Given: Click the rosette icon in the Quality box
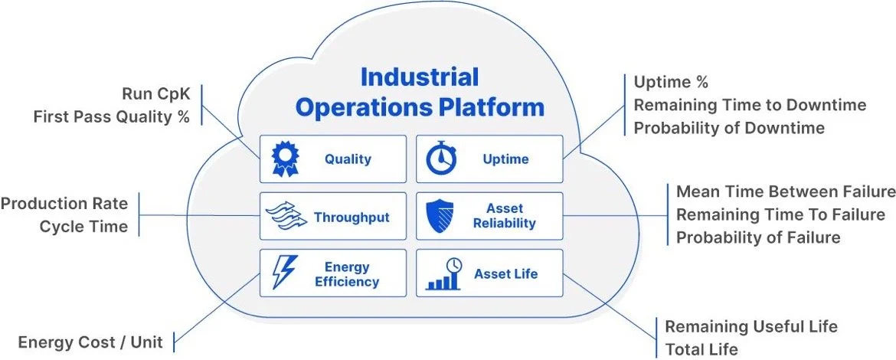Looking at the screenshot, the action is pyautogui.click(x=285, y=159).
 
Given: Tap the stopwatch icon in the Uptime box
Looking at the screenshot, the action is pyautogui.click(x=442, y=159).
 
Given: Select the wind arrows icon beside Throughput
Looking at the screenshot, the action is pyautogui.click(x=285, y=217).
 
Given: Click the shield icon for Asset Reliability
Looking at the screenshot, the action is pyautogui.click(x=442, y=217).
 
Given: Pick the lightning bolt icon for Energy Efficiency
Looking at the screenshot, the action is pyautogui.click(x=284, y=273).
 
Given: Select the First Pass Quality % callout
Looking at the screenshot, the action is pyautogui.click(x=111, y=117).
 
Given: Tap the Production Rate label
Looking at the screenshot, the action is pyautogui.click(x=64, y=205).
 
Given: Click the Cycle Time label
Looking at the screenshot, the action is pyautogui.click(x=83, y=227).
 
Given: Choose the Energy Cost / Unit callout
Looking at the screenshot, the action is pyautogui.click(x=90, y=342).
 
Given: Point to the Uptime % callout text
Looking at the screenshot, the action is pyautogui.click(x=671, y=82).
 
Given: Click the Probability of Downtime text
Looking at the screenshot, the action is pyautogui.click(x=728, y=128).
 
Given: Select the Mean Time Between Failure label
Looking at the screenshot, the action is pyautogui.click(x=785, y=191).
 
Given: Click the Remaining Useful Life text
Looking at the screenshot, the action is pyautogui.click(x=750, y=326).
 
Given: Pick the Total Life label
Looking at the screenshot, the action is pyautogui.click(x=701, y=349).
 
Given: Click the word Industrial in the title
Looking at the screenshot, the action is pyautogui.click(x=419, y=77).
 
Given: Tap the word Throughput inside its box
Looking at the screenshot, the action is pyautogui.click(x=352, y=217).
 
